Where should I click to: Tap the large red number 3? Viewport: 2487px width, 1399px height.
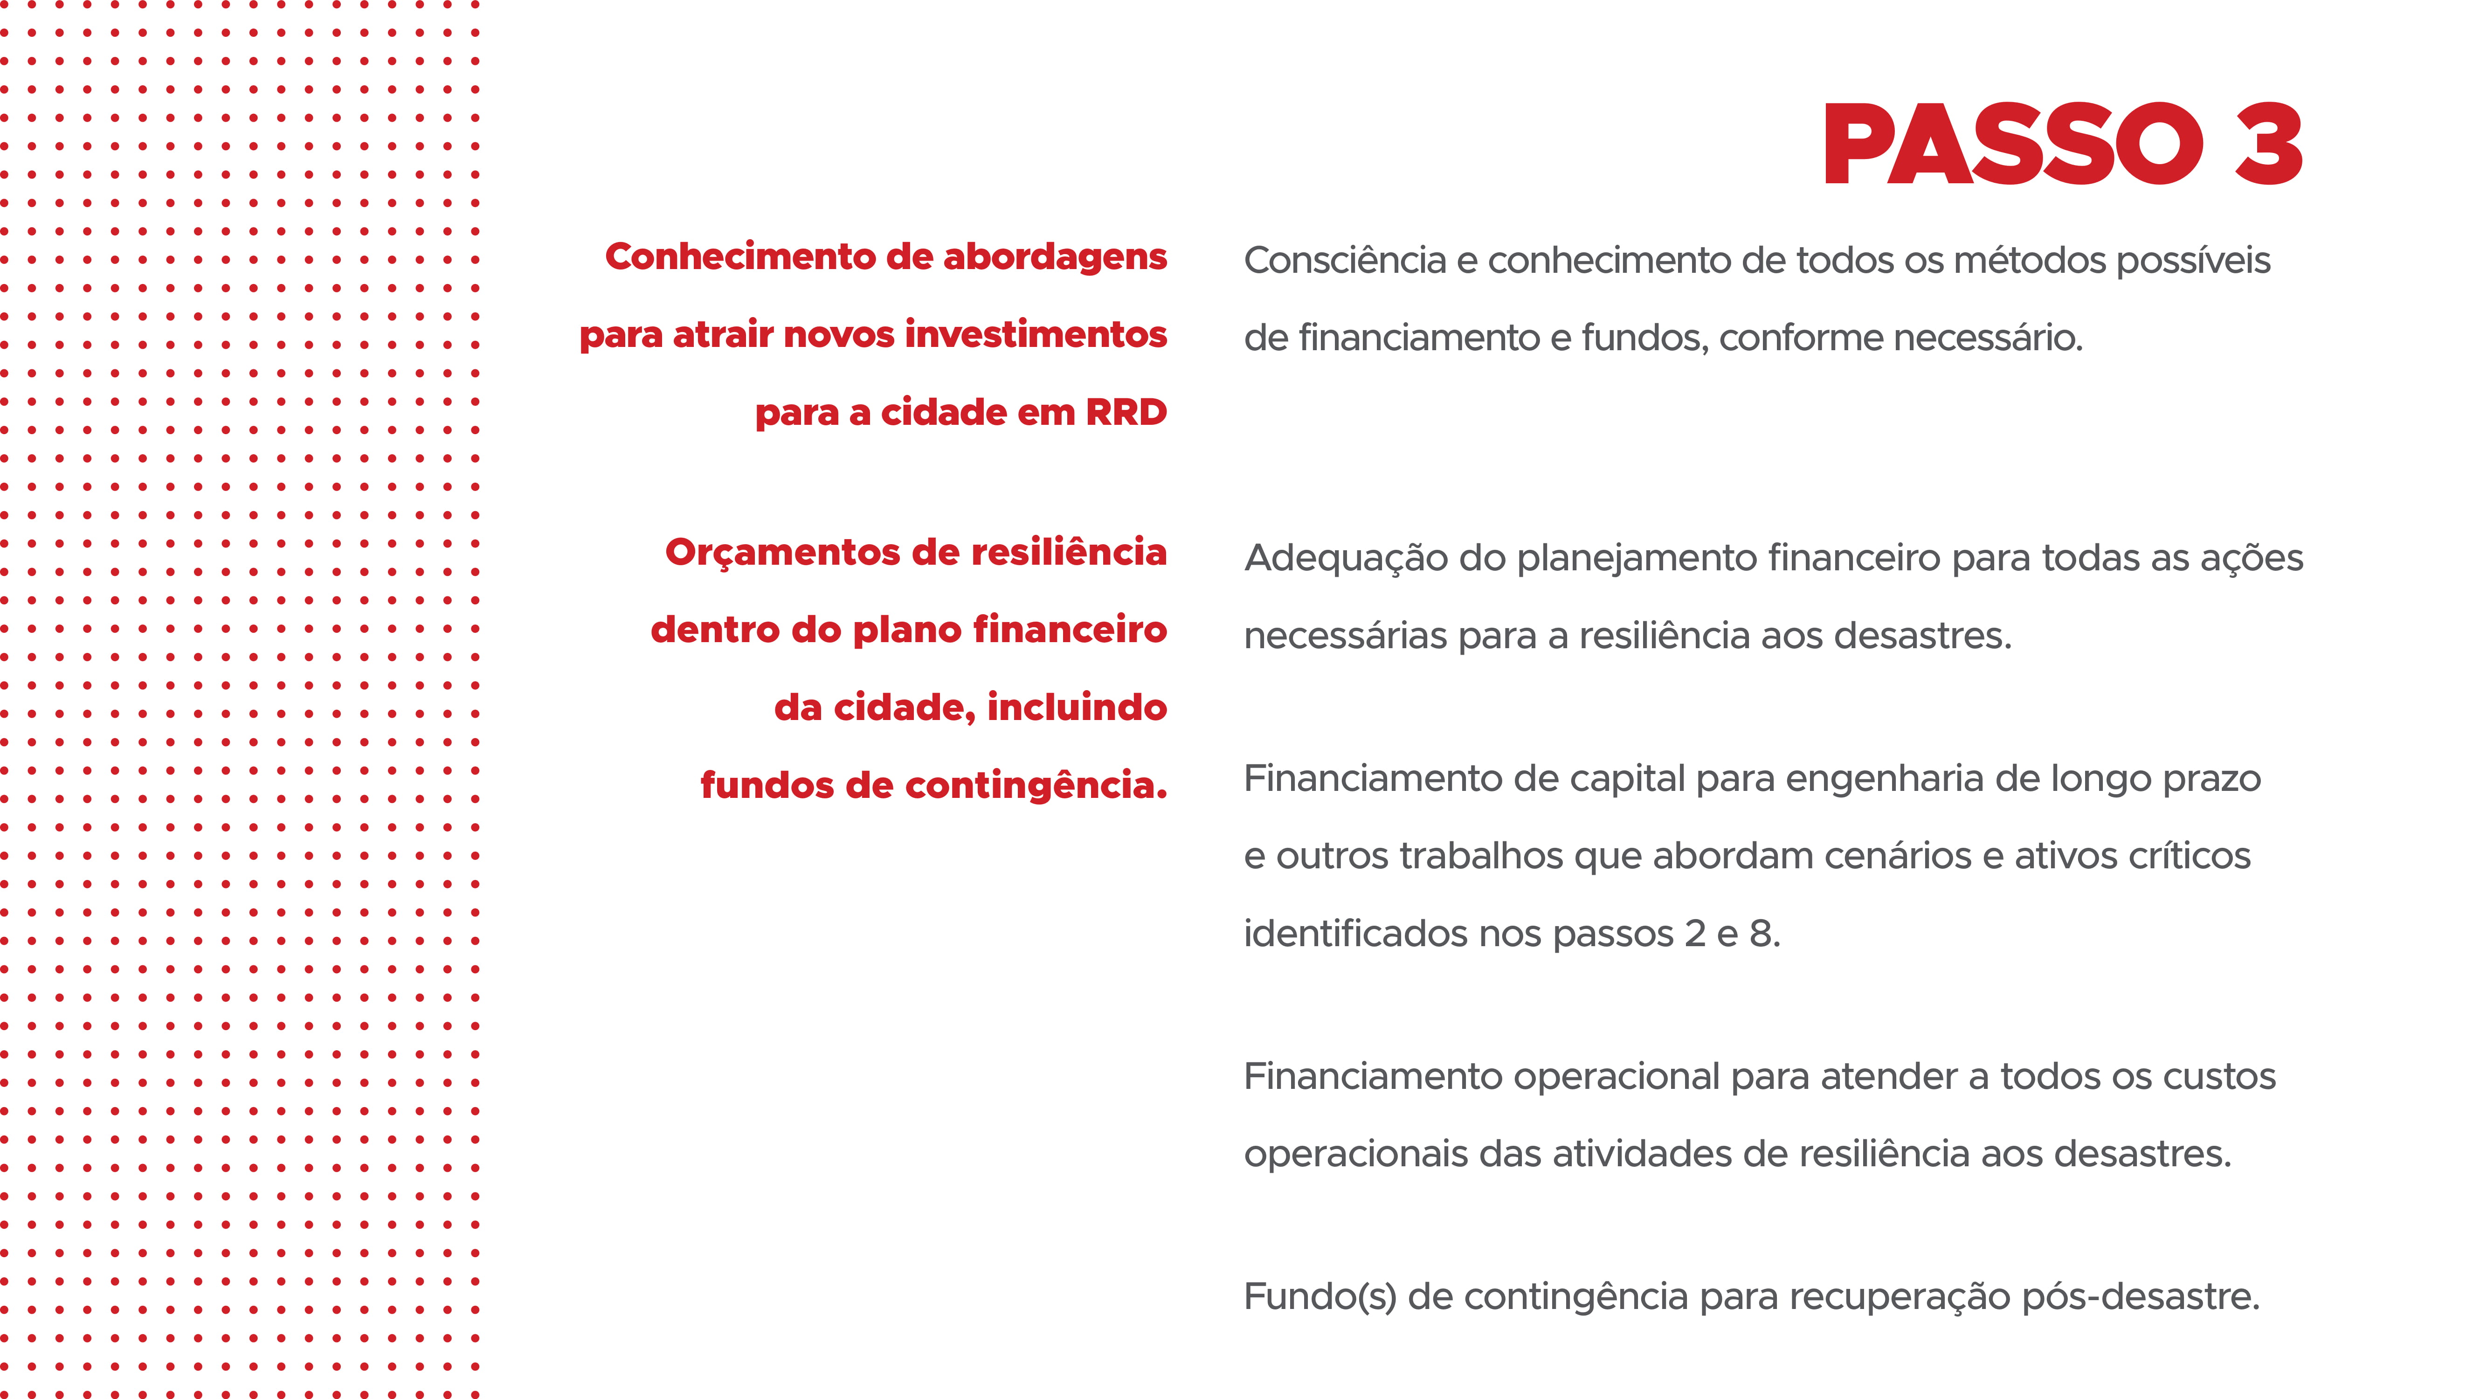pos(2269,145)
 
